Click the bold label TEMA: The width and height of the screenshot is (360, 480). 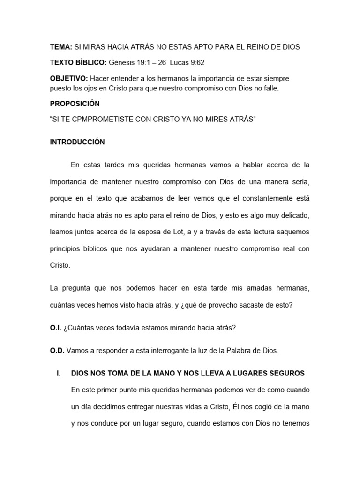pos(61,47)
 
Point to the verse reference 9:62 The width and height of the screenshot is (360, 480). pos(195,62)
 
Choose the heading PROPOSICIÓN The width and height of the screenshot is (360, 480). pos(75,103)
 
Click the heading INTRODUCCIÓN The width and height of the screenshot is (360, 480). pos(77,142)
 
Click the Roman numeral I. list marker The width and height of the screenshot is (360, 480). pos(59,373)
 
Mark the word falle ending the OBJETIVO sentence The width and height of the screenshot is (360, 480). pos(270,88)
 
